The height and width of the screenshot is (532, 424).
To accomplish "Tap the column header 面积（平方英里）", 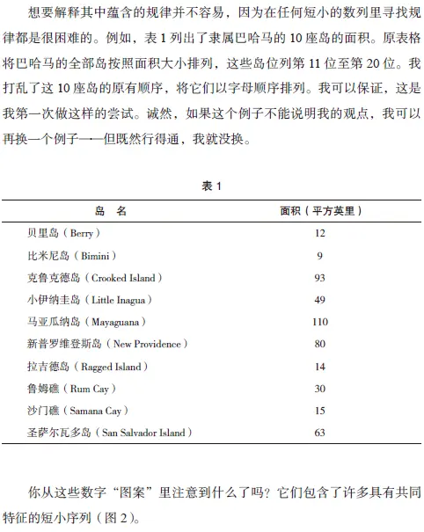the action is pos(320,211).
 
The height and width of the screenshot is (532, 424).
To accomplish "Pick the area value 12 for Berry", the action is pos(320,233).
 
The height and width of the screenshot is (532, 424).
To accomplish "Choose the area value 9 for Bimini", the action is pos(320,255).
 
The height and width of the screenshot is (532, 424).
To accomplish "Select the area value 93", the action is pos(320,277).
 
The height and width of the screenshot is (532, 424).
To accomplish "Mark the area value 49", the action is pos(320,299).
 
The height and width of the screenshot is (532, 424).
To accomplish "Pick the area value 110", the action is pos(320,322).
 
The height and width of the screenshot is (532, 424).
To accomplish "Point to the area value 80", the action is pos(320,344).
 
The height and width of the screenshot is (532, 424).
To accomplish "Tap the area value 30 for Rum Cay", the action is pos(320,388).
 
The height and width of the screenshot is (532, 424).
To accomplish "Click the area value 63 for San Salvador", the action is pos(320,432).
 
